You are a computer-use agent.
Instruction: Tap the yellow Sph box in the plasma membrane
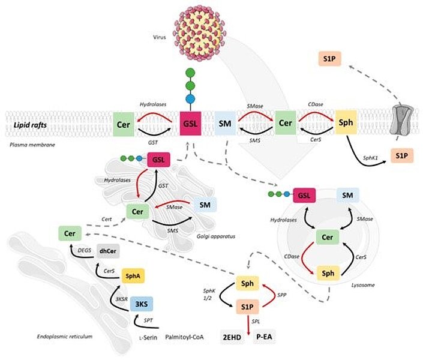346,123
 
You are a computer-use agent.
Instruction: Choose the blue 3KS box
142,304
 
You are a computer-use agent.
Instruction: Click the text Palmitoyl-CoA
186,338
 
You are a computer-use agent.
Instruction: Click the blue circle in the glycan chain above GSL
190,98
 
